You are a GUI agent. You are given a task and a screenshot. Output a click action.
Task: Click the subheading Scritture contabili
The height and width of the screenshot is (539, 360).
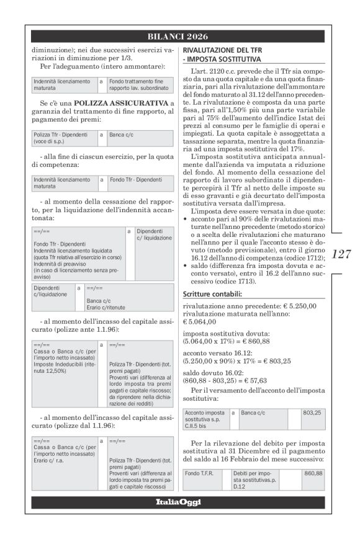pos(210,293)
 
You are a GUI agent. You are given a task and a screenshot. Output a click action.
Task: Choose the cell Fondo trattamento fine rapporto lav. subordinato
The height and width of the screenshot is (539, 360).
pos(137,84)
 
